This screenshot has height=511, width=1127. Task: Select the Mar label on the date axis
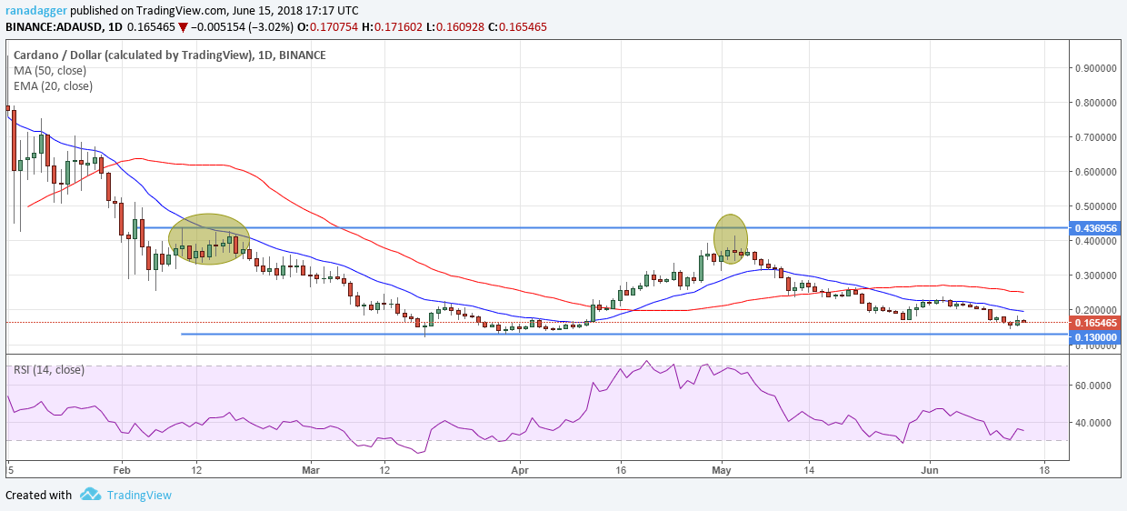312,471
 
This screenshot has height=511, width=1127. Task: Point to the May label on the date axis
722,471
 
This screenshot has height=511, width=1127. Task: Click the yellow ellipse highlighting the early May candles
731,237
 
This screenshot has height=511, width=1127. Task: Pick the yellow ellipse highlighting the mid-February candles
209,238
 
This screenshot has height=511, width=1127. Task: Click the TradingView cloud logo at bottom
90,495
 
